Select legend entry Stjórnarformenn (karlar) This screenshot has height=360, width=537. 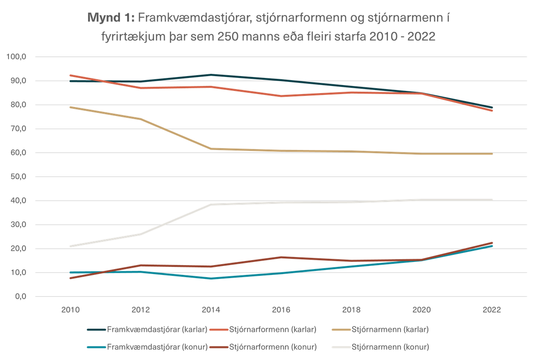point(273,330)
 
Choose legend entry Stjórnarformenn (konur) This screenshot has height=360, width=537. point(273,347)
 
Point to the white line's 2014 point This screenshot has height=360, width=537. point(212,204)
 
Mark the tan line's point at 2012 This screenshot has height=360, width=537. point(141,119)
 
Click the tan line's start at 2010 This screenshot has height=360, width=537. point(71,107)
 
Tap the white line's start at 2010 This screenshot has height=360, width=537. point(71,246)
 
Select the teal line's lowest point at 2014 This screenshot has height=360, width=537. point(212,279)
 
